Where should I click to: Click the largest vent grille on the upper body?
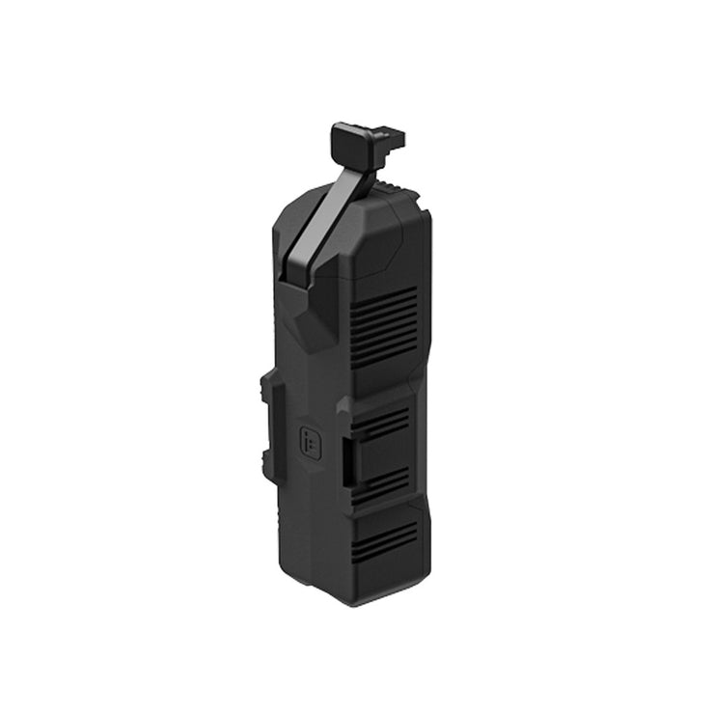[x=383, y=326]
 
